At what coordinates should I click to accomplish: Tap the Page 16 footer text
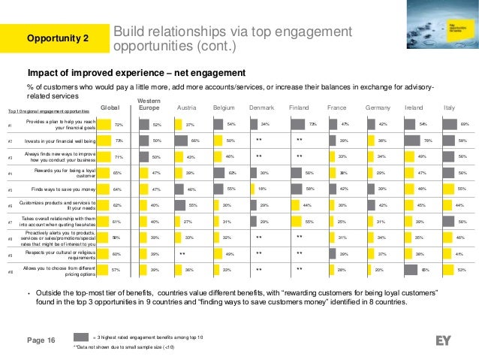tap(42, 341)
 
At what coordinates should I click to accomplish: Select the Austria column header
tap(186, 107)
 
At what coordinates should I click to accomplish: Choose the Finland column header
tap(299, 107)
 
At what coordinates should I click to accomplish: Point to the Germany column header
tap(378, 107)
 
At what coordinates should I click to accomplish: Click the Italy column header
tap(450, 107)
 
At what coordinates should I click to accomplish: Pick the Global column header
tap(110, 107)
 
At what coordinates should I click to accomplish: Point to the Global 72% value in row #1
tap(117, 124)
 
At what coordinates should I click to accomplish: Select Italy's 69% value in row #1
tap(465, 124)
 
